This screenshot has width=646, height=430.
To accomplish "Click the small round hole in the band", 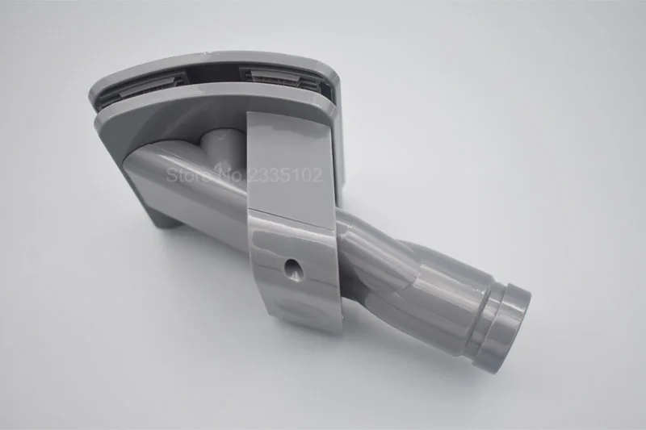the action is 294,268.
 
